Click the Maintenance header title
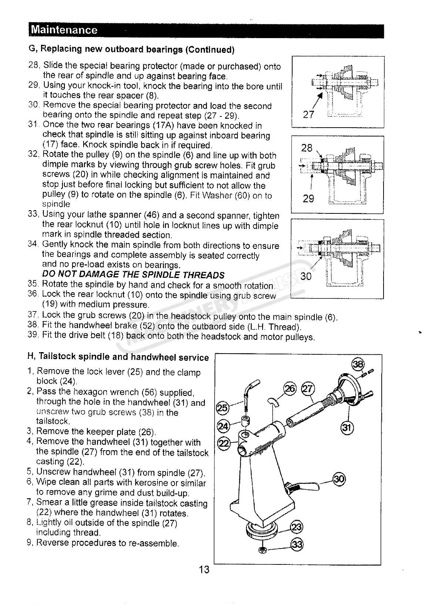[x=64, y=30]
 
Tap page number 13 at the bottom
[x=204, y=569]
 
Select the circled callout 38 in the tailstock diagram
[x=358, y=364]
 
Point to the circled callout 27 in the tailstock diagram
[x=308, y=389]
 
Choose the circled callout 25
[x=222, y=408]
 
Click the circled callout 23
[x=297, y=526]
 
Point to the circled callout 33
[x=297, y=544]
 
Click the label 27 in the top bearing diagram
[x=309, y=114]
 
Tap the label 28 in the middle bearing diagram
[x=307, y=148]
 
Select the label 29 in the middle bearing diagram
[x=308, y=199]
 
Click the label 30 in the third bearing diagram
[x=307, y=276]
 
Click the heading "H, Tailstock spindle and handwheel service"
[x=118, y=357]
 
